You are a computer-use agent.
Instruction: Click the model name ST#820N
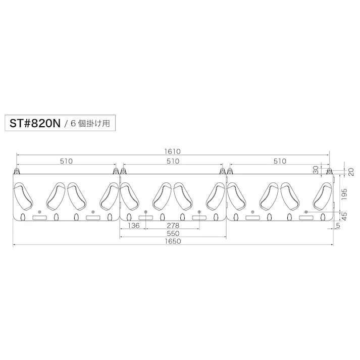click(x=35, y=123)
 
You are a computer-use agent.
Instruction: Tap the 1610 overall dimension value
click(x=173, y=151)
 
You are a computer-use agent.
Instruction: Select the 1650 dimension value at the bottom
click(x=173, y=241)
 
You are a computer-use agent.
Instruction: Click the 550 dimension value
click(x=173, y=233)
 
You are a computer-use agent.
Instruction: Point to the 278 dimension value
click(x=173, y=226)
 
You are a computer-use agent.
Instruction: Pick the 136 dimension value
click(x=134, y=226)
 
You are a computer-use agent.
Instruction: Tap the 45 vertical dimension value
click(x=344, y=216)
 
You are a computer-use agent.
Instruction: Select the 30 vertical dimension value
click(x=316, y=170)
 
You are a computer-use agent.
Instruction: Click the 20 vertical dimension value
click(x=351, y=172)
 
